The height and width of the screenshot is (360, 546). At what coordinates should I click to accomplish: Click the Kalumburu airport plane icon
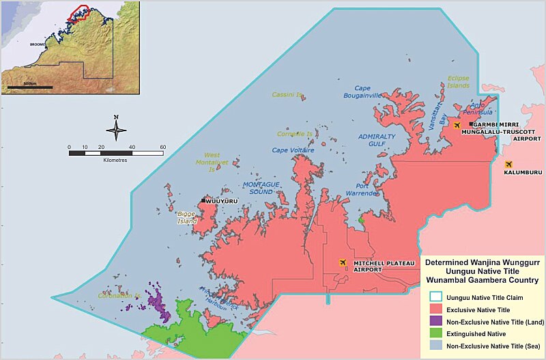pyautogui.click(x=508, y=165)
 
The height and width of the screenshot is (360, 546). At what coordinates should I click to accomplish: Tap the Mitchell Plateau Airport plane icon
pyautogui.click(x=343, y=262)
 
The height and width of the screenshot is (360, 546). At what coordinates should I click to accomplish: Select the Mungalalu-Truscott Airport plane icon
pyautogui.click(x=456, y=125)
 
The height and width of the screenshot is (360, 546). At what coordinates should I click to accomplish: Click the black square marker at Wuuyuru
pyautogui.click(x=203, y=201)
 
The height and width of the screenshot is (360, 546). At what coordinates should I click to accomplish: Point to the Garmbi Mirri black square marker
pyautogui.click(x=471, y=124)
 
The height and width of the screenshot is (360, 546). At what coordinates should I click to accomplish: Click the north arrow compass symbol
pyautogui.click(x=116, y=128)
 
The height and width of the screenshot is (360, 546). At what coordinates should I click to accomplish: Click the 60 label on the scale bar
pyautogui.click(x=163, y=147)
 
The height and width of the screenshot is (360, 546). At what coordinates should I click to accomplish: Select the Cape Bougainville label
pyautogui.click(x=371, y=92)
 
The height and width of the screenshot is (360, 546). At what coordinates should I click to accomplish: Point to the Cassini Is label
pyautogui.click(x=287, y=94)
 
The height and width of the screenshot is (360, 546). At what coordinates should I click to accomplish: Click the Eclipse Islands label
pyautogui.click(x=459, y=81)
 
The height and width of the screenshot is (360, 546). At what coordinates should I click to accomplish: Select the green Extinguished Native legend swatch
pyautogui.click(x=434, y=333)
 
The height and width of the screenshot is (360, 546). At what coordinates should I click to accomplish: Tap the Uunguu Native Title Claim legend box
pyautogui.click(x=434, y=297)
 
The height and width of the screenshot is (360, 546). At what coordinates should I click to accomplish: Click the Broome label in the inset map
pyautogui.click(x=38, y=44)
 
